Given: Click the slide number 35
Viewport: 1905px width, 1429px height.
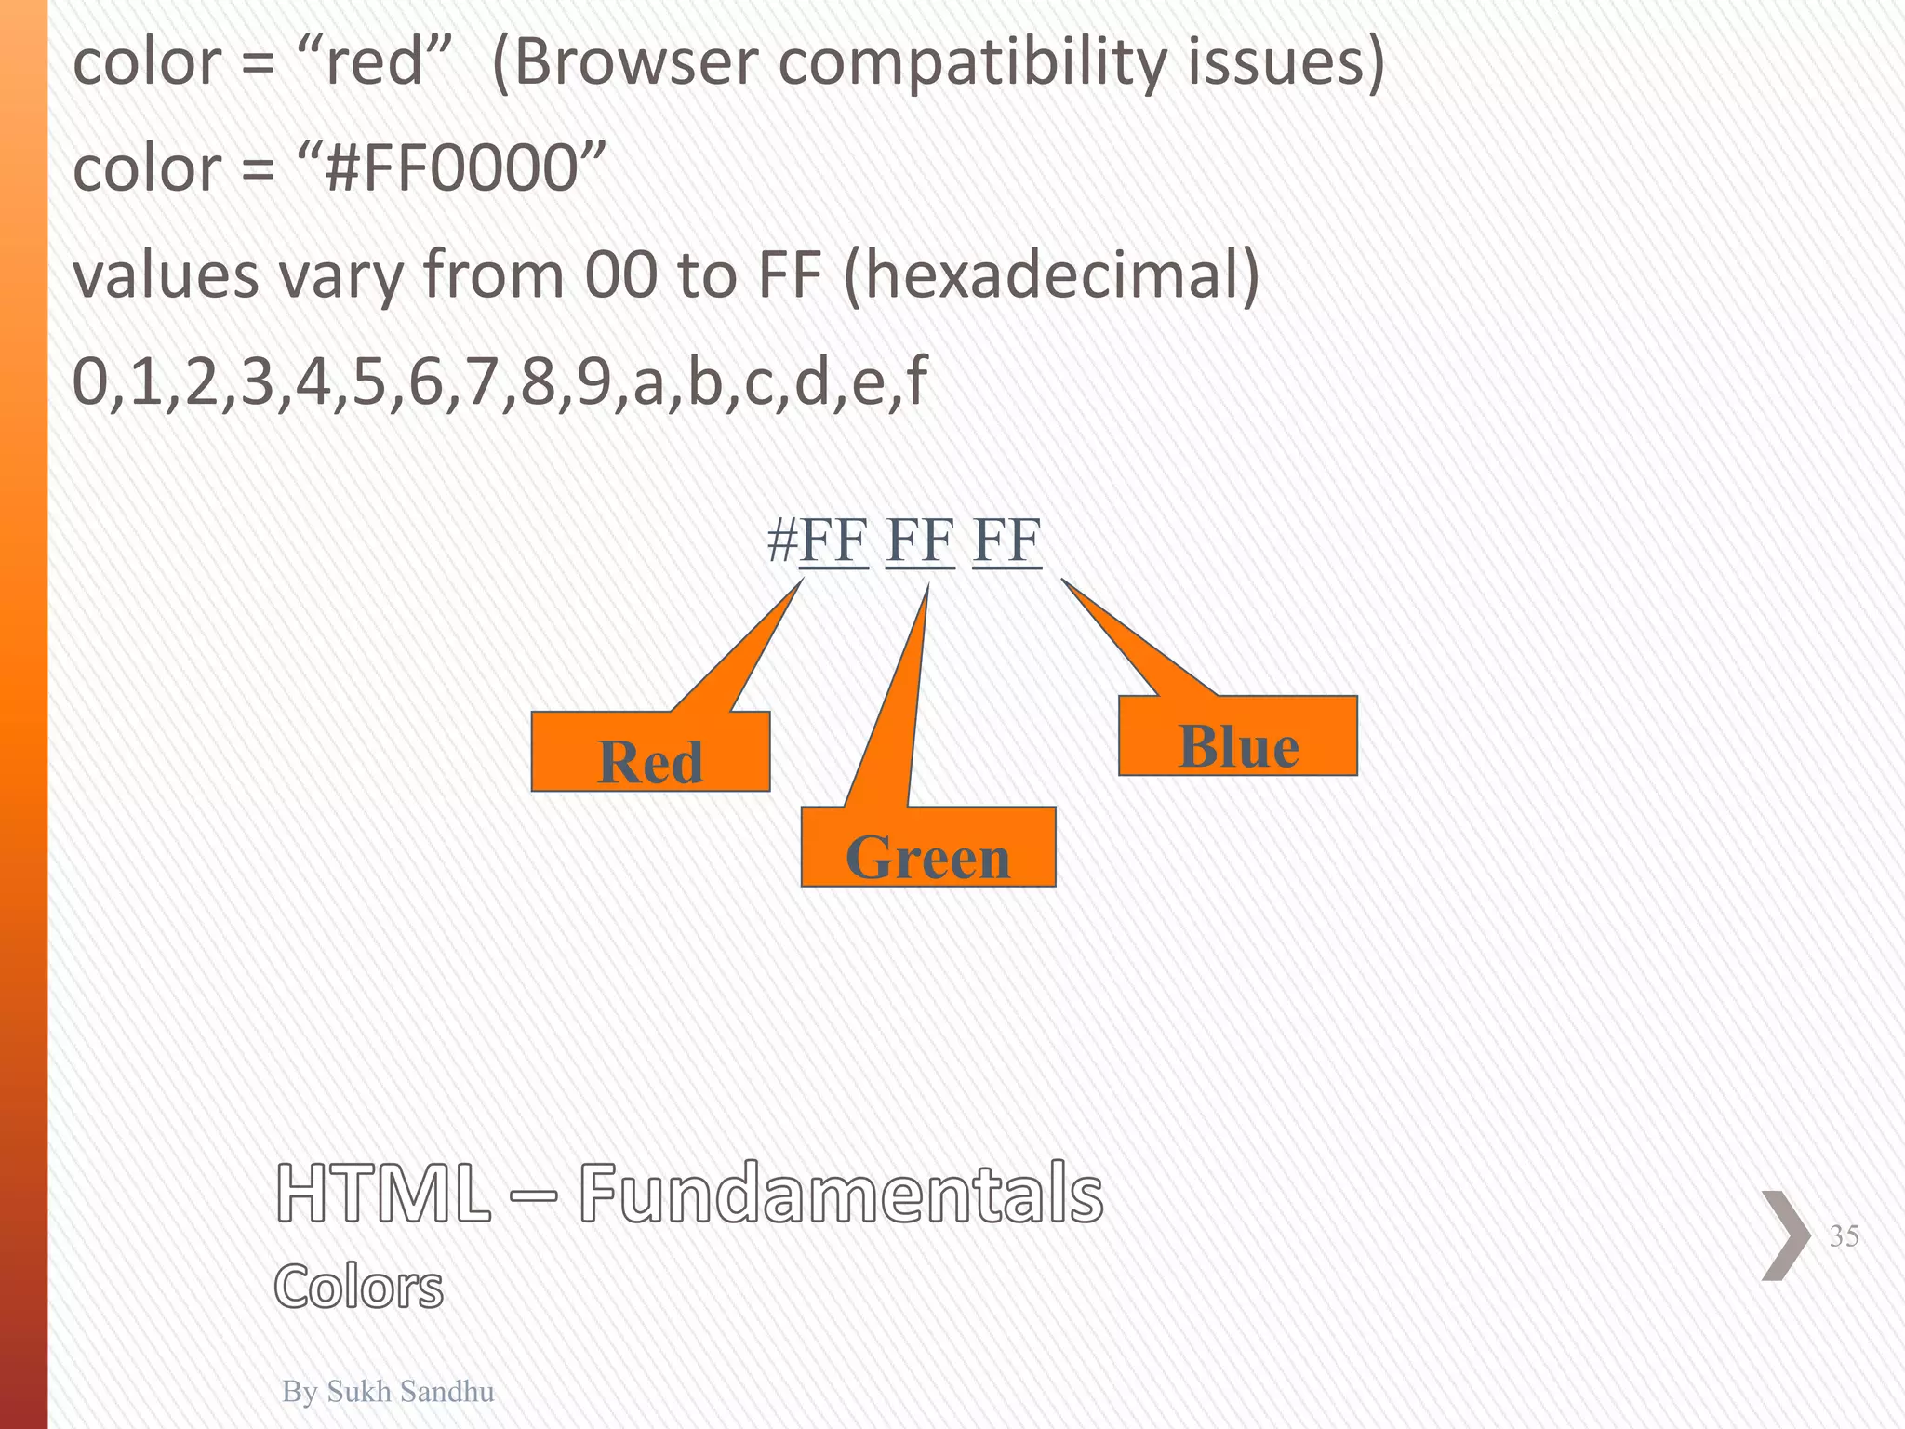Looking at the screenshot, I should tap(1844, 1235).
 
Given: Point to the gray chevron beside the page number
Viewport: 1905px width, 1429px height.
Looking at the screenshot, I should tap(1786, 1235).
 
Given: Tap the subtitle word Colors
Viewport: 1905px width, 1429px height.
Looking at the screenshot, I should tap(359, 1288).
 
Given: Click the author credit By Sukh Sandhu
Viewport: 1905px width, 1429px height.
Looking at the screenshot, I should tap(388, 1390).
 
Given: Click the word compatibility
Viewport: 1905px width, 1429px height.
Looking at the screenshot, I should tap(971, 65).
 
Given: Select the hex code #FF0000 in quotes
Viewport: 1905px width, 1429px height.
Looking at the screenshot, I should tap(452, 169).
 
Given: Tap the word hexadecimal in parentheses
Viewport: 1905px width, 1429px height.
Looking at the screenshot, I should tap(1051, 276).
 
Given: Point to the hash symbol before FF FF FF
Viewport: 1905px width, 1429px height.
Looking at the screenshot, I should tap(781, 540).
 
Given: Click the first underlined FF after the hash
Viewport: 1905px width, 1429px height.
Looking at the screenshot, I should tap(833, 540).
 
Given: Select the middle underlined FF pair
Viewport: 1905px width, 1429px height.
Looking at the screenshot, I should tap(920, 540).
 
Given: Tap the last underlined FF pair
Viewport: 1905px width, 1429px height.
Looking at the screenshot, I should tap(1006, 540).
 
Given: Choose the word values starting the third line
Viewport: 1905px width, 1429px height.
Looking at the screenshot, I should tap(167, 276).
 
